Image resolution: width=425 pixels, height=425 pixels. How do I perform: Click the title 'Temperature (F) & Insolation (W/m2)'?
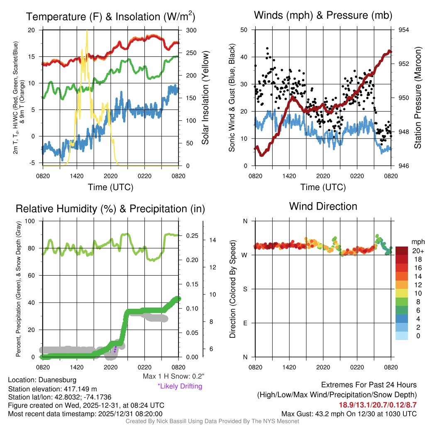point(110,17)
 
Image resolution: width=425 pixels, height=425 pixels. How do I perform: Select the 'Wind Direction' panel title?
point(323,206)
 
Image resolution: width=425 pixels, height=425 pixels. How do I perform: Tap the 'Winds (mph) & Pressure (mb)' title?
point(323,15)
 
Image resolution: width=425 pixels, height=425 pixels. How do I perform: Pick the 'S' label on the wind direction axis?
point(245,289)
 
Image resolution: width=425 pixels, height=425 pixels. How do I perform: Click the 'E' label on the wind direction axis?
point(245,323)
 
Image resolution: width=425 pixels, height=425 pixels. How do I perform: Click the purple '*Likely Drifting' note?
point(180,386)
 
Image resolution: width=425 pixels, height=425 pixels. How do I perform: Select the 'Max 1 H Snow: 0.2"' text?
point(173,376)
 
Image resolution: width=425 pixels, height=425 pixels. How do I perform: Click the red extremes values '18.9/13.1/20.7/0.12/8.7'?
point(378,405)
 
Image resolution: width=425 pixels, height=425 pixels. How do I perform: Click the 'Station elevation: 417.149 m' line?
point(52,389)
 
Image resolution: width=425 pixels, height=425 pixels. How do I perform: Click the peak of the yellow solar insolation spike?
point(87,31)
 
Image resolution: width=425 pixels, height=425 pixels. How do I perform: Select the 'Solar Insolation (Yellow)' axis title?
point(205,98)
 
